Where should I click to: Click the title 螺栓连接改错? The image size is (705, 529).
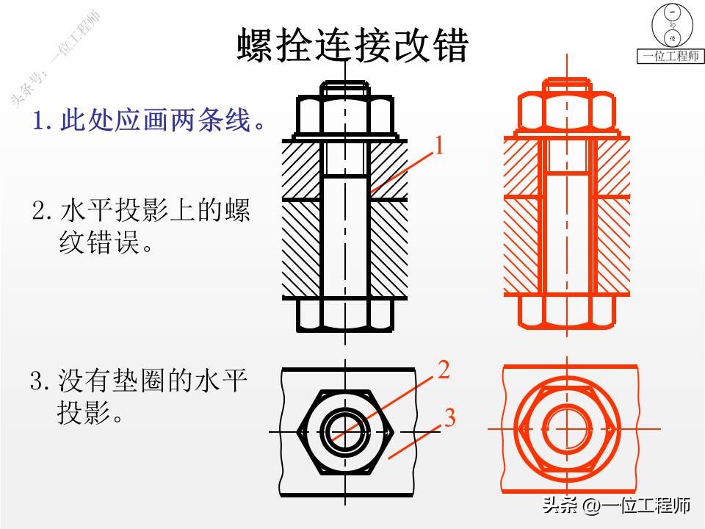352,46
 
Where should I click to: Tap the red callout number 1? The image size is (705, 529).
439,145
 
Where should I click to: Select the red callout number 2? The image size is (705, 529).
443,369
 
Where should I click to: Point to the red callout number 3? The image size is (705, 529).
449,418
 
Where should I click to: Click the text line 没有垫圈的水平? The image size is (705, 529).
140,382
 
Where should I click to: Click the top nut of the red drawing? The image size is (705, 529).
566,114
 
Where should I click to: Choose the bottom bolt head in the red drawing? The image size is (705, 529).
566,314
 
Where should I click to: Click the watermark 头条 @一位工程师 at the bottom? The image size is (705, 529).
616,506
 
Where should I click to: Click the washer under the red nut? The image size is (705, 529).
566,136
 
